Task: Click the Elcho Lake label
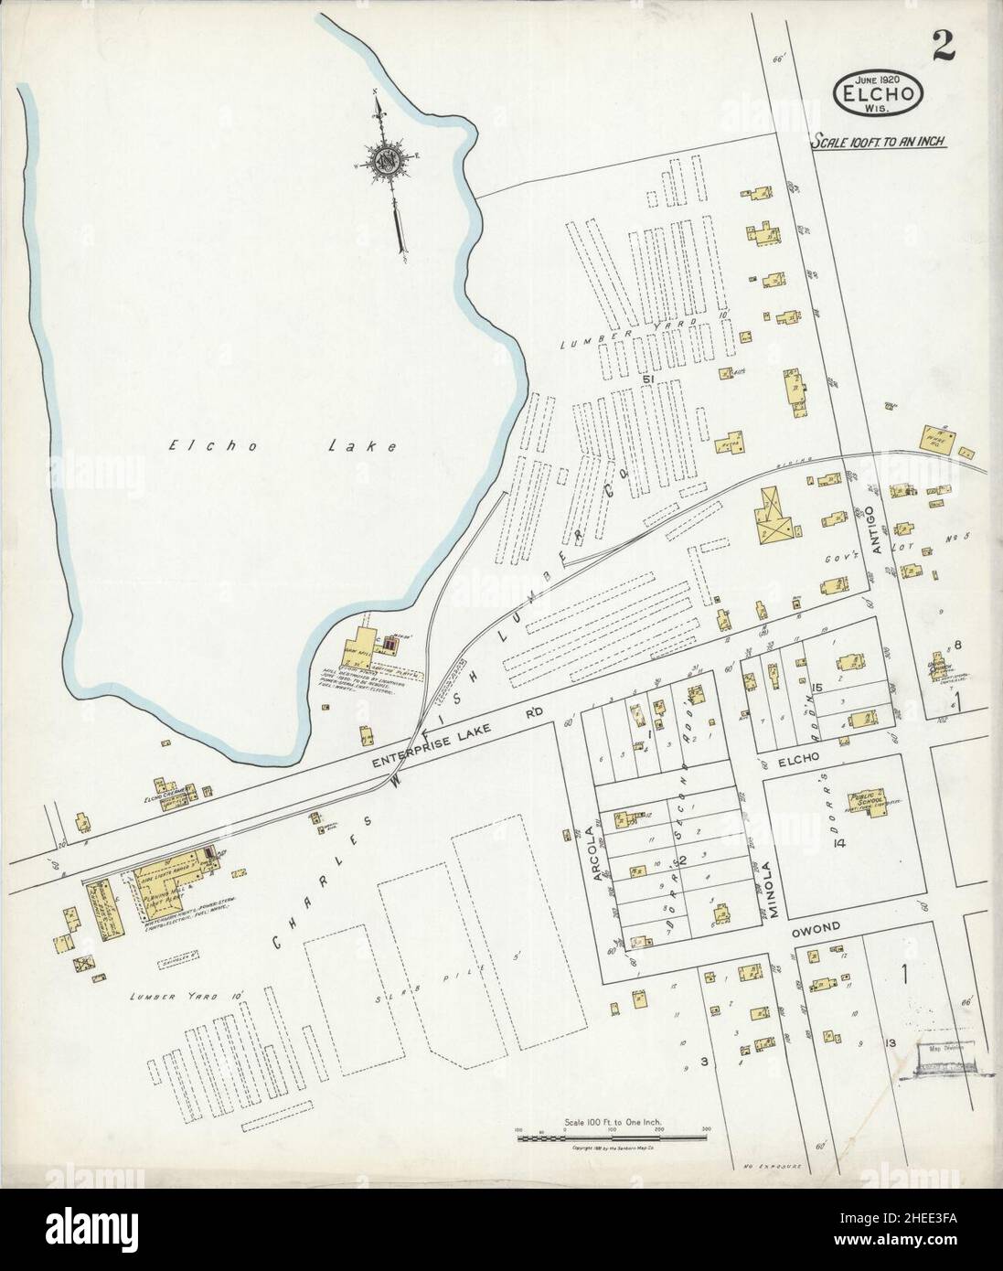tap(283, 447)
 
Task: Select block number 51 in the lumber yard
tap(650, 379)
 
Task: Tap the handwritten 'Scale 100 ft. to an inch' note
tap(879, 142)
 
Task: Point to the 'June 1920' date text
tap(878, 80)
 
